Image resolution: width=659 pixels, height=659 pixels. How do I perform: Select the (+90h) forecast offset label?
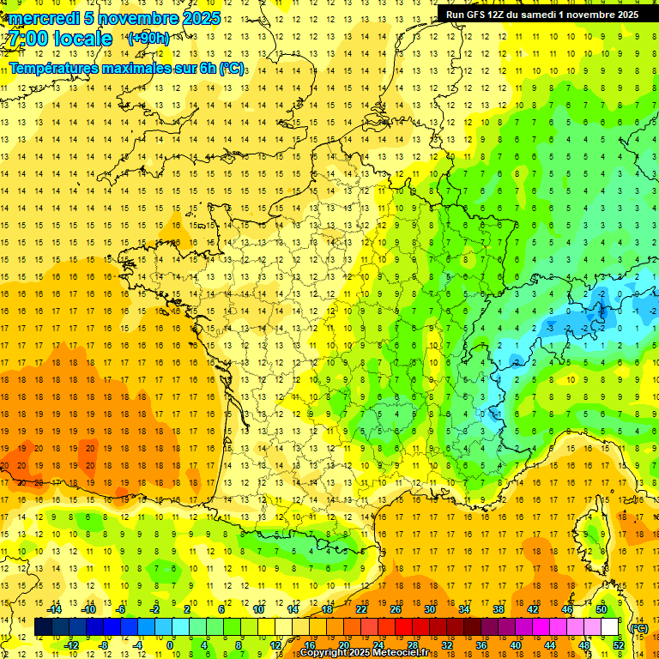pyautogui.click(x=148, y=39)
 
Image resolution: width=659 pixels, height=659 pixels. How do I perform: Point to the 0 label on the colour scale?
pyautogui.click(x=170, y=645)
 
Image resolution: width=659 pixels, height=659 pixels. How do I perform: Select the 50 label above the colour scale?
pyautogui.click(x=601, y=609)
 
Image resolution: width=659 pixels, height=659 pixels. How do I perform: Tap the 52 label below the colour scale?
pyautogui.click(x=618, y=645)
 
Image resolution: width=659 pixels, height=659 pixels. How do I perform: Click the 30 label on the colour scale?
pyautogui.click(x=429, y=609)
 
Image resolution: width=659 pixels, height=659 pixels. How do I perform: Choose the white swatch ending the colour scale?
pyautogui.click(x=610, y=627)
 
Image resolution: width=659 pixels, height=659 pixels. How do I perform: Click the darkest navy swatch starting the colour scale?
pyautogui.click(x=43, y=627)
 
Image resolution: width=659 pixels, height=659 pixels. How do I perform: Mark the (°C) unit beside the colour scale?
pyautogui.click(x=638, y=627)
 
